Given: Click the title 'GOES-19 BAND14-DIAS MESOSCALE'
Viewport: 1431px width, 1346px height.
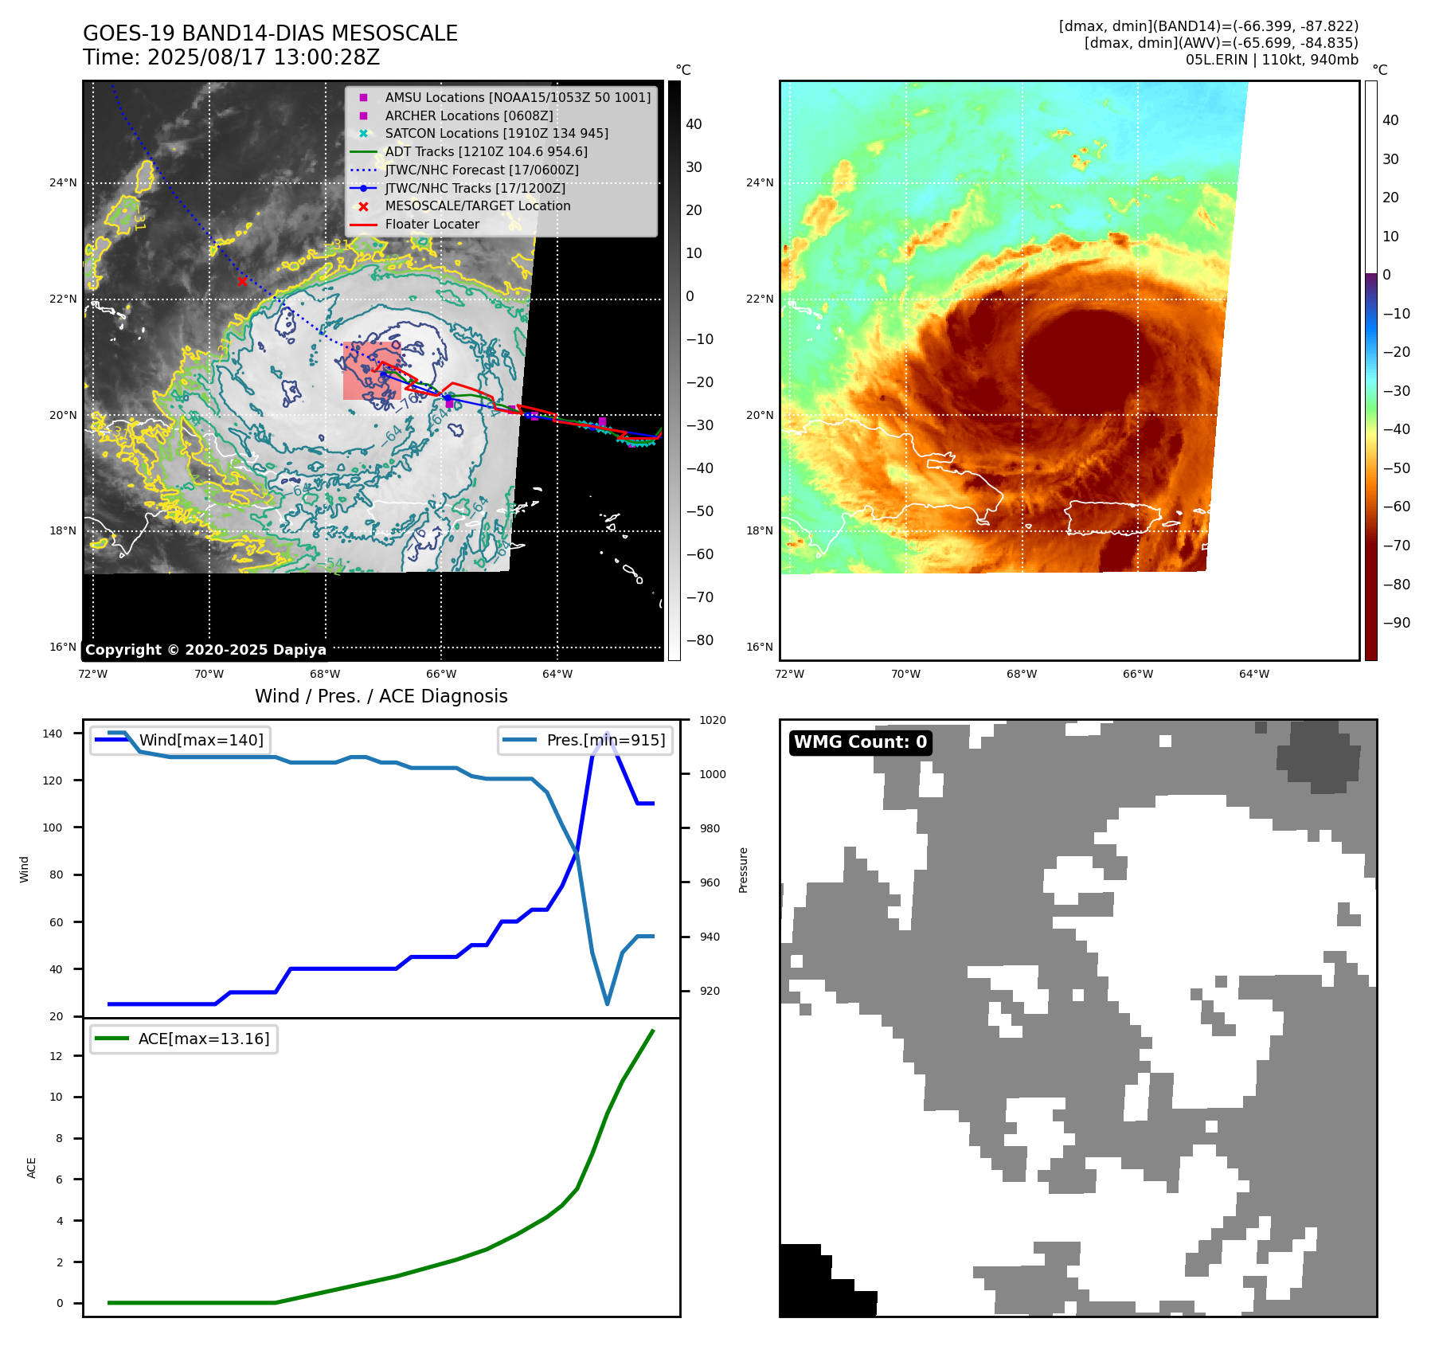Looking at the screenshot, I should click(270, 33).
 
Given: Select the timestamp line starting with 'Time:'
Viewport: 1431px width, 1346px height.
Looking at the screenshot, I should click(231, 57).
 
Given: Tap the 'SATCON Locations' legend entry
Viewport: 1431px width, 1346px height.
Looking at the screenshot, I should click(496, 133).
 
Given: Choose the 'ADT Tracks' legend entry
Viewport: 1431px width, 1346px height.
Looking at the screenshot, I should click(486, 151).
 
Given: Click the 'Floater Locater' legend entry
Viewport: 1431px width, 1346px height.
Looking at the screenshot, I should click(432, 224).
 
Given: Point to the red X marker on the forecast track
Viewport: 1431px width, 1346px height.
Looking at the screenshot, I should click(242, 281).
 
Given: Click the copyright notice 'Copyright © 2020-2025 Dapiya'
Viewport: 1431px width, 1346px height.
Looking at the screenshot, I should click(205, 649).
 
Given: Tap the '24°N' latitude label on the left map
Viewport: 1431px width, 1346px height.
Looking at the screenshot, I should click(63, 182).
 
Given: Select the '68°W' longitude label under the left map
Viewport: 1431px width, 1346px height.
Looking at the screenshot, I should click(325, 674).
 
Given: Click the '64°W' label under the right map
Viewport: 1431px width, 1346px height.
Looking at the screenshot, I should click(1253, 674).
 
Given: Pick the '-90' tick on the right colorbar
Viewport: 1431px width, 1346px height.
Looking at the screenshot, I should click(1396, 623).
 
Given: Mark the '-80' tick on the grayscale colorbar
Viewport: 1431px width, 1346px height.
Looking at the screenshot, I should click(700, 640).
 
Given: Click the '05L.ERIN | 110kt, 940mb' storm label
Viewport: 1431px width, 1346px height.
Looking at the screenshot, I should click(1271, 60).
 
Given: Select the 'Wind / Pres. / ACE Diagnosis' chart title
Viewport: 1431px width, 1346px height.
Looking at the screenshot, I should click(381, 696).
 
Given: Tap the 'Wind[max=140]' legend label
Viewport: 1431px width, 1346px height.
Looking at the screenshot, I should click(201, 740).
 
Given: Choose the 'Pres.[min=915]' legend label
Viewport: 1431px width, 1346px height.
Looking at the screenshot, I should click(605, 740).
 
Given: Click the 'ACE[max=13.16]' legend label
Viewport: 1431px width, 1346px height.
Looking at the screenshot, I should click(204, 1039).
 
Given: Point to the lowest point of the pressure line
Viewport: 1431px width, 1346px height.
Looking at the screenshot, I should click(608, 1004).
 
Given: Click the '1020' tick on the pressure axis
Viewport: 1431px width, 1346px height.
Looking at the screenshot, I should click(712, 720).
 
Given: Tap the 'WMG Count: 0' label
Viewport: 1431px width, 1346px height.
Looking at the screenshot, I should click(860, 742).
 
